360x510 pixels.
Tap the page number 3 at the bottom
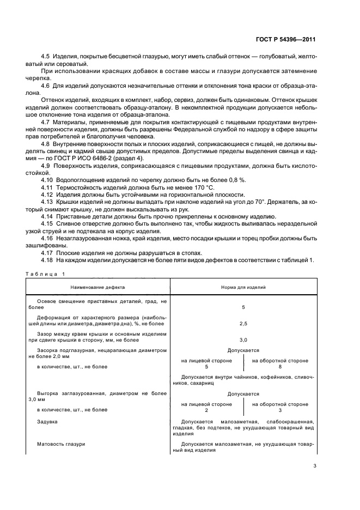click(x=315, y=466)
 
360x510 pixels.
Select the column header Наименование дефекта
click(x=97, y=286)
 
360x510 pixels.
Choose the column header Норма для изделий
click(x=243, y=286)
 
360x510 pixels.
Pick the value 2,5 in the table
click(x=243, y=323)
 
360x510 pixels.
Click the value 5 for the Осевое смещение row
click(x=243, y=307)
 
